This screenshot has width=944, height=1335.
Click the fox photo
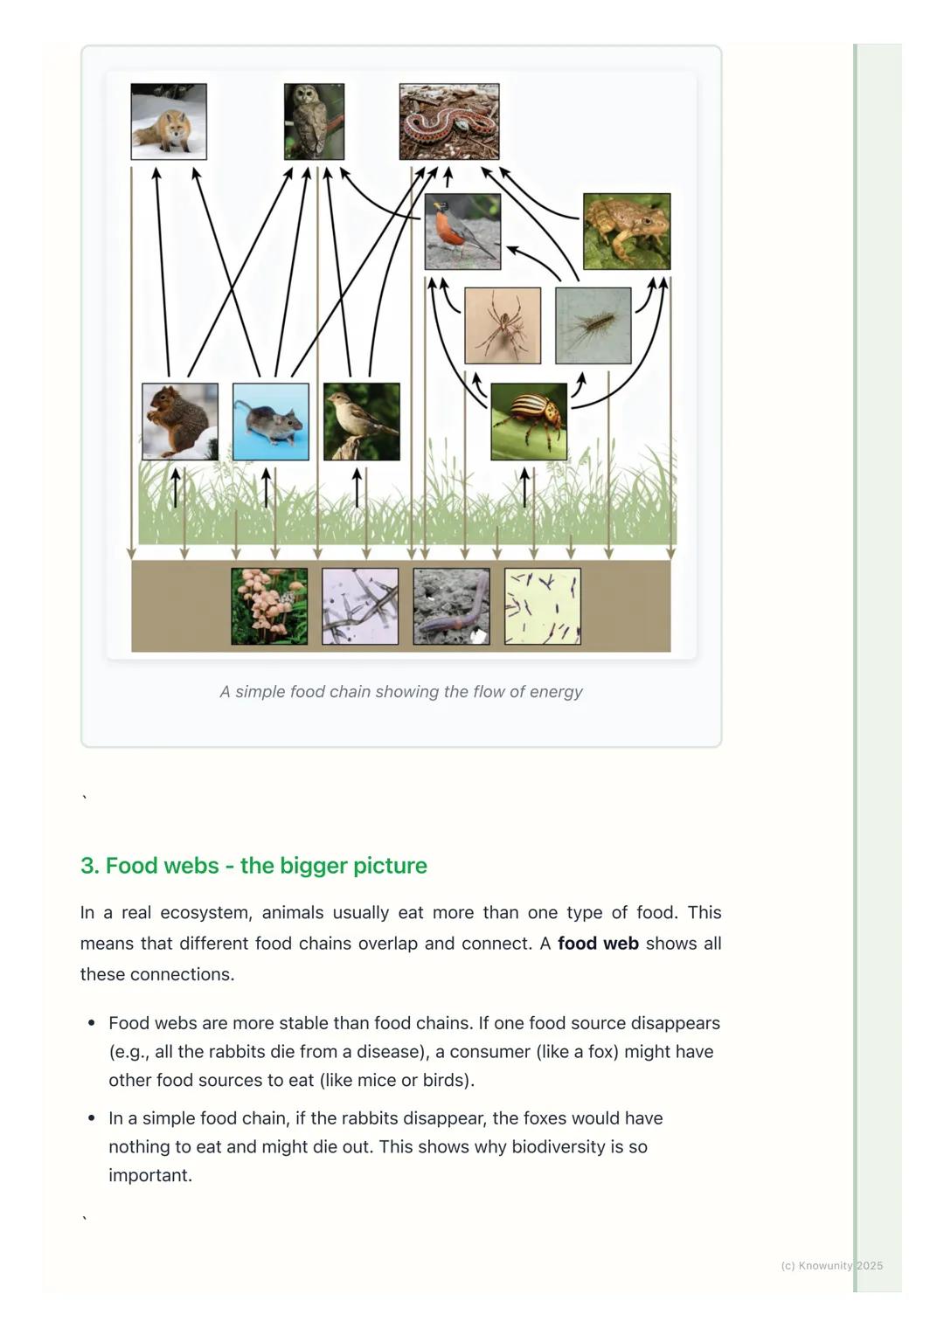[x=169, y=121]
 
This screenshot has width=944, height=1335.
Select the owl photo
[x=314, y=121]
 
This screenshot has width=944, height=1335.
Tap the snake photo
[x=449, y=121]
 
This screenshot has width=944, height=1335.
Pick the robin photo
[x=462, y=232]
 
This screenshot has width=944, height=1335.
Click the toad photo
[x=627, y=232]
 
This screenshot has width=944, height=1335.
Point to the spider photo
[x=503, y=325]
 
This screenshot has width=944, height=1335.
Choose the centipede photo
[x=593, y=325]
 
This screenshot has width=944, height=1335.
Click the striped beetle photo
[x=529, y=421]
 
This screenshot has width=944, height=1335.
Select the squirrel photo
[x=180, y=421]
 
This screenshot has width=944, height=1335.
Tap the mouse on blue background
[x=271, y=421]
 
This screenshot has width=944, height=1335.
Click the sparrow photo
[x=362, y=421]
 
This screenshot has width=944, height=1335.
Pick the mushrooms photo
[x=269, y=606]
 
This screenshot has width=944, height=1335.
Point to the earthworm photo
[x=451, y=606]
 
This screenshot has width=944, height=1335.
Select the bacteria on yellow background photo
[x=542, y=606]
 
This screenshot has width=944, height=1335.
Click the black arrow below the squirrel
[x=175, y=488]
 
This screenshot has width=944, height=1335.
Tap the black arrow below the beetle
[x=524, y=488]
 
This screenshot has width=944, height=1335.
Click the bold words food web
[x=598, y=944]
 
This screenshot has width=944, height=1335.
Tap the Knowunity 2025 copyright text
[x=831, y=1265]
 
